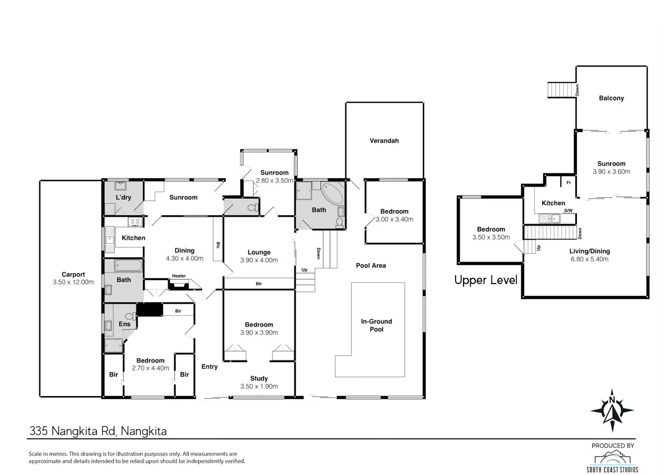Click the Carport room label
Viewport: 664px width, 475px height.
73,274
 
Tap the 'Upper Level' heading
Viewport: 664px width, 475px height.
486,280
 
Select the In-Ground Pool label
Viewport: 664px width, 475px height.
376,325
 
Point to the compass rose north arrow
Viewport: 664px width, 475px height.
612,410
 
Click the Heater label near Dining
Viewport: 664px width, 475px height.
179,276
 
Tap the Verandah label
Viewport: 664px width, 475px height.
384,140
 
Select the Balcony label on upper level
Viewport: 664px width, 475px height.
611,98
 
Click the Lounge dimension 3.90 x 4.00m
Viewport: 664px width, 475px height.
259,260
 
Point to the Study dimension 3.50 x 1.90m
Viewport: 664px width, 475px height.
259,386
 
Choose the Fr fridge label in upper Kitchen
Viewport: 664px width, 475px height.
568,183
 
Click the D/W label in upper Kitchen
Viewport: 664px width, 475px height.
568,210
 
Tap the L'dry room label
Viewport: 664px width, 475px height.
124,197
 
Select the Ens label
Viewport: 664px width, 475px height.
124,324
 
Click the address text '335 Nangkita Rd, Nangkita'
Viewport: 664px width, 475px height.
98,431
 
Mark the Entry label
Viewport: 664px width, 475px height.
209,367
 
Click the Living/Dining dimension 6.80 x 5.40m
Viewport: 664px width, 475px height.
590,259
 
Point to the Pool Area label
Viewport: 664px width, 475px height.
371,265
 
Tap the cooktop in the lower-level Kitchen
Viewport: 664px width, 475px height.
135,222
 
